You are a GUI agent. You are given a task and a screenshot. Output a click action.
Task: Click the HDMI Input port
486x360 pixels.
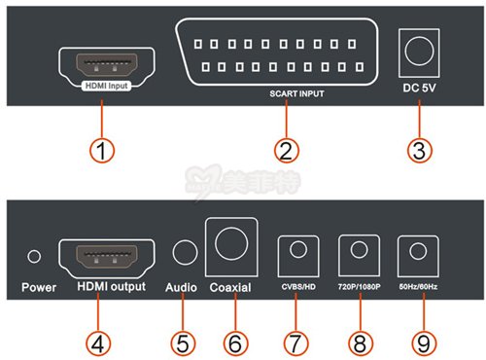click(x=107, y=64)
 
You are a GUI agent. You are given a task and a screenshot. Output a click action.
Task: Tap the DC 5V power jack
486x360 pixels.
click(x=419, y=52)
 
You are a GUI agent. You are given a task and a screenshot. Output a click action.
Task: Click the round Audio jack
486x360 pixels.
click(x=185, y=252)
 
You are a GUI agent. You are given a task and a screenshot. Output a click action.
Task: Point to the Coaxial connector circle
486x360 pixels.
click(x=231, y=244)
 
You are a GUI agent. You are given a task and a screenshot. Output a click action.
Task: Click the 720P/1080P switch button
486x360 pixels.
click(x=359, y=250)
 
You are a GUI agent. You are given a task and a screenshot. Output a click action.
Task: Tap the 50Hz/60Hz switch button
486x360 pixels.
click(x=418, y=251)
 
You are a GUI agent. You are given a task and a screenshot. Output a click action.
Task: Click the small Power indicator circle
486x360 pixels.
click(x=34, y=256)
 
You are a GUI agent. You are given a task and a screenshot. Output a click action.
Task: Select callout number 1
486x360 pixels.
click(x=102, y=151)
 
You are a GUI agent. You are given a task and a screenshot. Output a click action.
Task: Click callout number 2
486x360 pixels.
click(x=287, y=151)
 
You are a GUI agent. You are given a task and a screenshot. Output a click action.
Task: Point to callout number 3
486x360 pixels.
click(x=420, y=151)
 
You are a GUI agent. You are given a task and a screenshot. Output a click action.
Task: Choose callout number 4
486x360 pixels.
click(x=98, y=343)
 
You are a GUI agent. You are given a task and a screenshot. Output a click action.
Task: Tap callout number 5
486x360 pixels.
click(x=183, y=343)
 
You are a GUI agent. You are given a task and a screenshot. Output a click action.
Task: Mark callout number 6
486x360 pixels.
click(x=235, y=343)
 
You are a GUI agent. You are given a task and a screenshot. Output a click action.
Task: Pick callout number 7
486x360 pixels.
click(x=295, y=343)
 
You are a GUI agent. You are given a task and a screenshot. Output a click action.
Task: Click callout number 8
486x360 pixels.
click(x=361, y=343)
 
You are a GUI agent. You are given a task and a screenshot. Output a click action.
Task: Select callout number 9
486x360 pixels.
click(x=424, y=343)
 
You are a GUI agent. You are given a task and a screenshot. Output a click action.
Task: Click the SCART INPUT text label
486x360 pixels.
click(x=296, y=93)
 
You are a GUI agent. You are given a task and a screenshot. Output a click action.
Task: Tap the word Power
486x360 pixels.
click(x=39, y=287)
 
